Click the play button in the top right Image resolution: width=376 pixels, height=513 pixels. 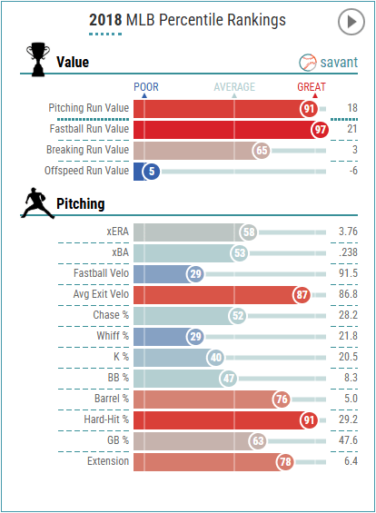tap(350, 21)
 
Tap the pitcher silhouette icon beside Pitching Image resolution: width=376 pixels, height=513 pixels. tap(35, 203)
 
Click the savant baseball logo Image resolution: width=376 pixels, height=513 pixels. tap(309, 63)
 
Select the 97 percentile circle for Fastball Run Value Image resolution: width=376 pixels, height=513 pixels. tap(319, 130)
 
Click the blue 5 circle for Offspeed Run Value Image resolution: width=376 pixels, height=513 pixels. tap(151, 170)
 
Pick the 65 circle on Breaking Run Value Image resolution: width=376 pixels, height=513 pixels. tap(262, 150)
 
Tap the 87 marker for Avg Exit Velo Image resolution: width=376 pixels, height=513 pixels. tap(302, 295)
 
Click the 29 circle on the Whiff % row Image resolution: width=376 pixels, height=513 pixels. tap(194, 337)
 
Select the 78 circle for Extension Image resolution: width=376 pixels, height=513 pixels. tap(285, 462)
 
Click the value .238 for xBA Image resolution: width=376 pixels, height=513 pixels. tap(347, 253)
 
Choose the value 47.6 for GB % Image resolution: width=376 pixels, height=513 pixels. tap(347, 441)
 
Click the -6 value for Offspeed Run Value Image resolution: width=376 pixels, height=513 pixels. tap(352, 170)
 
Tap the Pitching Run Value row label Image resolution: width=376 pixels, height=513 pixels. tap(88, 108)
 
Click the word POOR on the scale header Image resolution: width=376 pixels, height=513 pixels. tap(146, 87)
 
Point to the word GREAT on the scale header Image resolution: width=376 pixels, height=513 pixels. tap(312, 87)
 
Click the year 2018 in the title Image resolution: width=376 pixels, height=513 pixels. tap(105, 20)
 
